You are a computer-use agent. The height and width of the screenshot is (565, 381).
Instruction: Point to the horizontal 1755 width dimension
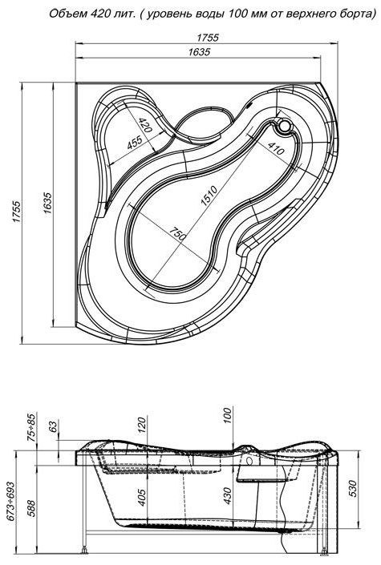(208, 38)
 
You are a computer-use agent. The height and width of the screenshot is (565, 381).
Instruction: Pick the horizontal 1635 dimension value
(199, 52)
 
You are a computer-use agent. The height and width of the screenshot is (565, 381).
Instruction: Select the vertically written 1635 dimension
(47, 204)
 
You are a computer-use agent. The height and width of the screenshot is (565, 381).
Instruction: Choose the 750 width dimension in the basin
(178, 234)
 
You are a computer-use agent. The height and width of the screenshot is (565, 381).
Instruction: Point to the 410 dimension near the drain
(276, 147)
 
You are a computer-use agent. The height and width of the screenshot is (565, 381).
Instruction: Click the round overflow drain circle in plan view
(285, 126)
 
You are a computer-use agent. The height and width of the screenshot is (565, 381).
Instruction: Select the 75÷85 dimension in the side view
(32, 428)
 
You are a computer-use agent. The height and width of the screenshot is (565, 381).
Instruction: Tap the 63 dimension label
(53, 426)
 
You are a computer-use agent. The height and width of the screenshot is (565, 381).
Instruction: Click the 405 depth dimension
(142, 497)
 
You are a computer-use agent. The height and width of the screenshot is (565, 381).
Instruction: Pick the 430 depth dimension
(227, 496)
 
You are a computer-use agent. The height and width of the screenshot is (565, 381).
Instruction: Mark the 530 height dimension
(353, 489)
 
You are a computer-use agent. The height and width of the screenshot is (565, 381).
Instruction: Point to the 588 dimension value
(31, 508)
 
